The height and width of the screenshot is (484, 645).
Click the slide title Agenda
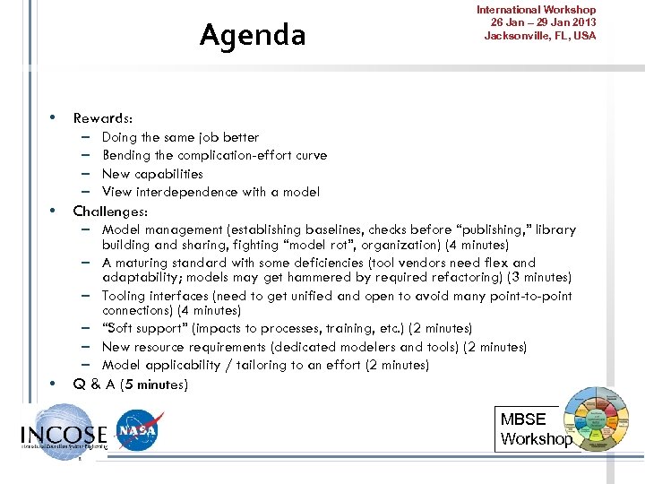tap(252, 35)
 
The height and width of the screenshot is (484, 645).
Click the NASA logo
tap(140, 431)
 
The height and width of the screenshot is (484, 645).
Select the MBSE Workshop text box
tap(535, 429)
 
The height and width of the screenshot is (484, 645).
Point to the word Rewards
tap(102, 118)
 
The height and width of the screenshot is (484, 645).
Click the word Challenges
tap(109, 212)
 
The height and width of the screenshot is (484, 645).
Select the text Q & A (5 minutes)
tap(131, 385)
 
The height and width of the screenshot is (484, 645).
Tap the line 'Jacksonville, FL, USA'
tap(539, 36)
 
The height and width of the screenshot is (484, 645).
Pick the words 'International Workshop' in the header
tap(536, 10)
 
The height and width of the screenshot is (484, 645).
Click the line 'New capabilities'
tap(152, 174)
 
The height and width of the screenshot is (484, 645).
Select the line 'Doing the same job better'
tap(180, 137)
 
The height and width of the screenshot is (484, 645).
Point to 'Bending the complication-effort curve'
tap(214, 155)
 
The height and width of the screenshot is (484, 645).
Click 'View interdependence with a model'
tap(211, 192)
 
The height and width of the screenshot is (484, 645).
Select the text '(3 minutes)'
tap(538, 278)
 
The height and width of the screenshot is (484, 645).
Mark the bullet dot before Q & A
tap(54, 383)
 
